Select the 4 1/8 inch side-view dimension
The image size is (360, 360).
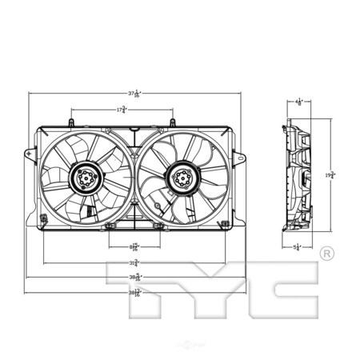(x=299, y=102)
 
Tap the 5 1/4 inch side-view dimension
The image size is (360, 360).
(x=298, y=247)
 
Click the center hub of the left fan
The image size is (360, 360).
(x=85, y=177)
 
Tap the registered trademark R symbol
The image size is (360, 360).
(x=326, y=254)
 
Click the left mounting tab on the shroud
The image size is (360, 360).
(x=30, y=152)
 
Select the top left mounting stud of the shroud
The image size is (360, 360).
(x=71, y=122)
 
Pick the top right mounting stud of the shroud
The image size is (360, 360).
(x=172, y=122)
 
